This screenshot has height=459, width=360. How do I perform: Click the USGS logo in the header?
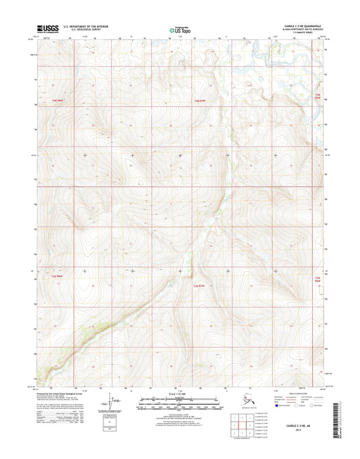(x=49, y=28)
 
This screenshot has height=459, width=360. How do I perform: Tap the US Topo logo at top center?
(x=179, y=29)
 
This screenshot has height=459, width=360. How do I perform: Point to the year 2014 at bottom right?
(x=301, y=431)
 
